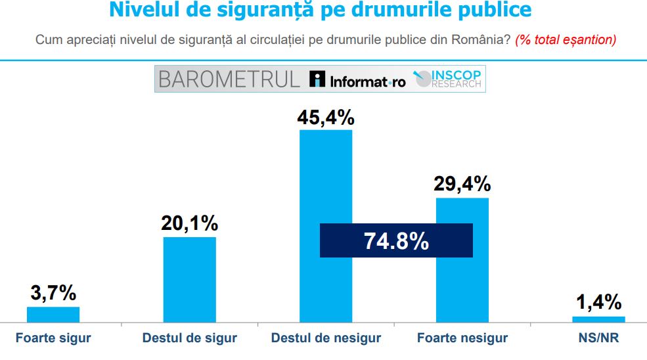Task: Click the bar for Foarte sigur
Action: point(53,315)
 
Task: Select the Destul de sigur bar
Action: point(189,279)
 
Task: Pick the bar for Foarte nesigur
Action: point(462,289)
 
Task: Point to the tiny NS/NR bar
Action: point(598,319)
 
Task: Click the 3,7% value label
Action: point(53,293)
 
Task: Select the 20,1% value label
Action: point(189,223)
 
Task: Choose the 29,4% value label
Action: point(462,184)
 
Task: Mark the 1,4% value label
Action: point(598,302)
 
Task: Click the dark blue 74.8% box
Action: point(396,240)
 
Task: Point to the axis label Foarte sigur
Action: point(53,339)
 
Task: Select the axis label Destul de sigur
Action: point(189,339)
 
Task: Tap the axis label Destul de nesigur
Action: point(326,339)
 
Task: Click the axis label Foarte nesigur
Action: point(462,339)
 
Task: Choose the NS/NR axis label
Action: point(598,339)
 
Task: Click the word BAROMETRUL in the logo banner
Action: point(229,79)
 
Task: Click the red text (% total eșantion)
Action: point(566,40)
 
